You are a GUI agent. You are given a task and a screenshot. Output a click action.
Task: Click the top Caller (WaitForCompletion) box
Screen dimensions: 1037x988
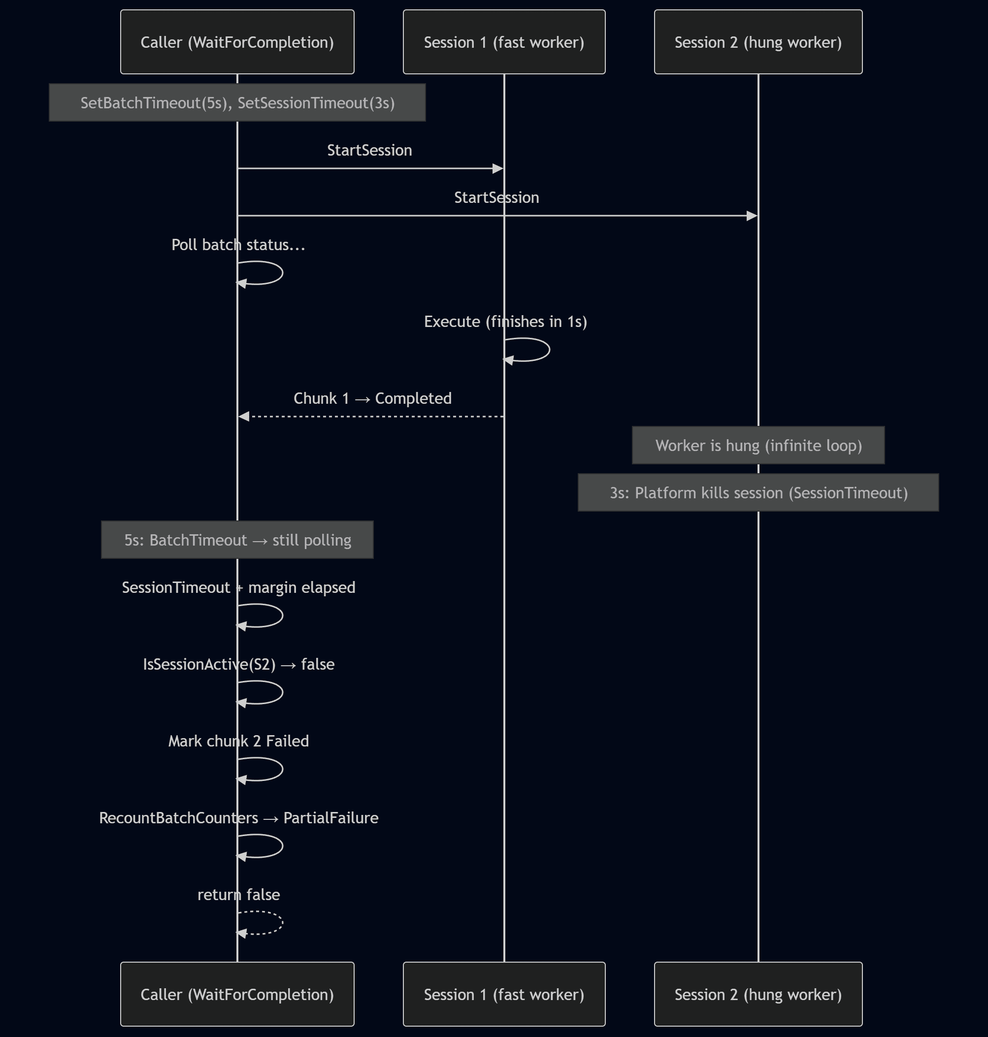pos(237,42)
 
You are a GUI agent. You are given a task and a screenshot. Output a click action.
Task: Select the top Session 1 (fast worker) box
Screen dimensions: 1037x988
pos(504,42)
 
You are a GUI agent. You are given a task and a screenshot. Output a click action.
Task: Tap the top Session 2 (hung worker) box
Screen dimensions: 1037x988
pos(758,42)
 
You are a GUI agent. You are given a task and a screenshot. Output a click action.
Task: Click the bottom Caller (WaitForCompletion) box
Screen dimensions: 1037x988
pos(237,994)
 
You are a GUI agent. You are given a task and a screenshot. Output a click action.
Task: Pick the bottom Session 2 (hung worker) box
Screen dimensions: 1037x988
pos(758,994)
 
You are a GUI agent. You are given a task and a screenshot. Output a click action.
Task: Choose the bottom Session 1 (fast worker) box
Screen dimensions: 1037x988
pos(504,994)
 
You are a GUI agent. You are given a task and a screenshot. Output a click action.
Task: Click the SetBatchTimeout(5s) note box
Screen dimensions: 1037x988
pos(237,102)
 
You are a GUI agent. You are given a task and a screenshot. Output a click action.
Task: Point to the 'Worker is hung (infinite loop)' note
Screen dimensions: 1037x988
pos(758,445)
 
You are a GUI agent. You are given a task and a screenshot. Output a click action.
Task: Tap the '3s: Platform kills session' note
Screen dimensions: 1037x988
pos(758,493)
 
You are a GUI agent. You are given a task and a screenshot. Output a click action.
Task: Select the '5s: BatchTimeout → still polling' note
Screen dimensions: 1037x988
pos(237,540)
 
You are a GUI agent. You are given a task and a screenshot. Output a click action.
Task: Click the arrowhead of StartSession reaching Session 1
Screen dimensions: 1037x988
pos(497,168)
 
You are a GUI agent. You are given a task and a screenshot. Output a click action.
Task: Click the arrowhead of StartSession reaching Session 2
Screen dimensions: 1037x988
pos(752,216)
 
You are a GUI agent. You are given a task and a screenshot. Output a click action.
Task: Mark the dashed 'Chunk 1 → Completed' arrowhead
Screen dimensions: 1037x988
pos(244,417)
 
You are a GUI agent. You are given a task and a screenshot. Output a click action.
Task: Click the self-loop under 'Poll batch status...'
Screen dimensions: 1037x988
pos(281,273)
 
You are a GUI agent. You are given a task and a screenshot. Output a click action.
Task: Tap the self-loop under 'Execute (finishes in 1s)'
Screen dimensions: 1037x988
pos(548,350)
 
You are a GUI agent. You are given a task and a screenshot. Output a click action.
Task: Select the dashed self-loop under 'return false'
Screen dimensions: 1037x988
pos(281,923)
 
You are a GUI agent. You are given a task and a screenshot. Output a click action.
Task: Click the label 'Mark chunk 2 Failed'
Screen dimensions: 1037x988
pos(238,741)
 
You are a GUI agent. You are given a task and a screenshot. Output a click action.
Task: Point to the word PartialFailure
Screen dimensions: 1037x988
pos(331,818)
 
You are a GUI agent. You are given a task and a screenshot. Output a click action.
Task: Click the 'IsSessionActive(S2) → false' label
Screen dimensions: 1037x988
pos(238,664)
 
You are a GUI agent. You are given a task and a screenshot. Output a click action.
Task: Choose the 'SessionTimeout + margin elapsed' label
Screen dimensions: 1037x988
pos(238,587)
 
